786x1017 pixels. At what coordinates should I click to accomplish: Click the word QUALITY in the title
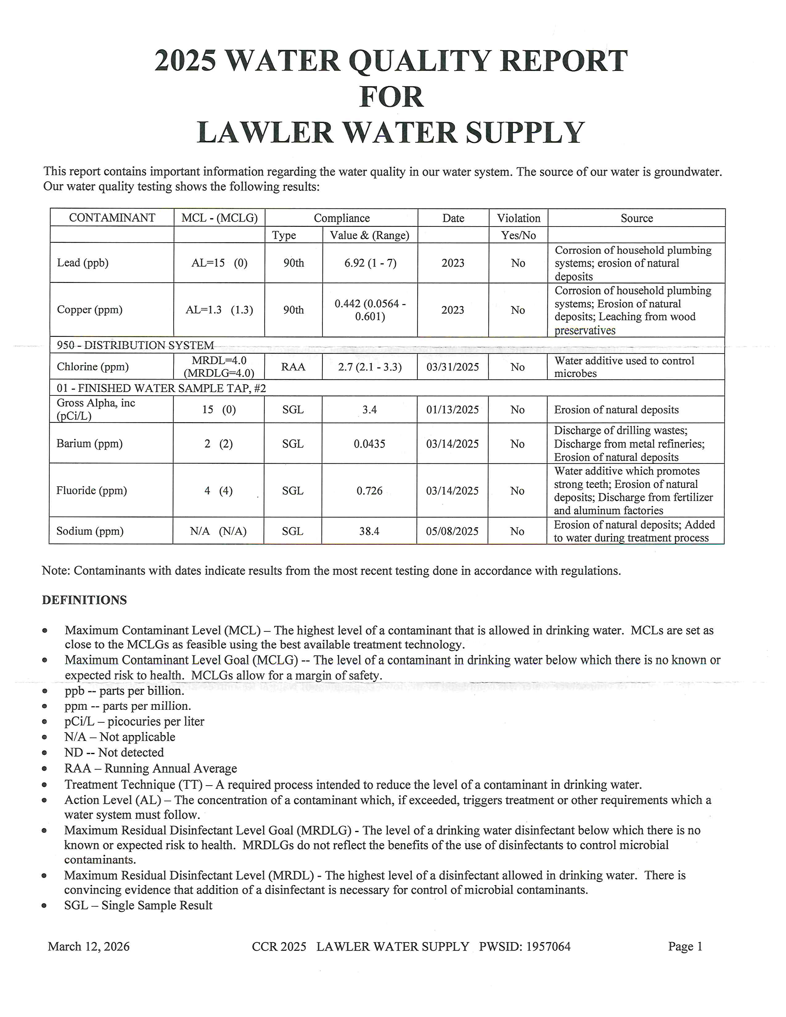point(420,61)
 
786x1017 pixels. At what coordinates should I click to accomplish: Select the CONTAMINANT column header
point(112,218)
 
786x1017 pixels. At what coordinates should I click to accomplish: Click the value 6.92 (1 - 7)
point(370,263)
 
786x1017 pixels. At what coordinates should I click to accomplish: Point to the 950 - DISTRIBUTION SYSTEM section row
point(135,345)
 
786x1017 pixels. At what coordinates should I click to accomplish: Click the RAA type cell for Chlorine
point(293,367)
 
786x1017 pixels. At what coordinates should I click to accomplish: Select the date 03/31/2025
point(452,367)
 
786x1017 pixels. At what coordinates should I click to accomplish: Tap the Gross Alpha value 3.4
point(369,410)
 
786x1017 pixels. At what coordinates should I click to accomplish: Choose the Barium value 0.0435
point(369,444)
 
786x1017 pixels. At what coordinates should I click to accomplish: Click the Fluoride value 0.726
point(369,491)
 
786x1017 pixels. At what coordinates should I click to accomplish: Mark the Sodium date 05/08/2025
point(452,531)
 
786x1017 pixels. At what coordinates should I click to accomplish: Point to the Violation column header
point(518,218)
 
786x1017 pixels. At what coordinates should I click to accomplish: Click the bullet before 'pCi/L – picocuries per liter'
point(45,722)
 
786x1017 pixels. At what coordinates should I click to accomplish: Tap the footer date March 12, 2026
point(88,947)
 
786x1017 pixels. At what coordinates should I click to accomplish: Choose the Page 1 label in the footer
point(685,947)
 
